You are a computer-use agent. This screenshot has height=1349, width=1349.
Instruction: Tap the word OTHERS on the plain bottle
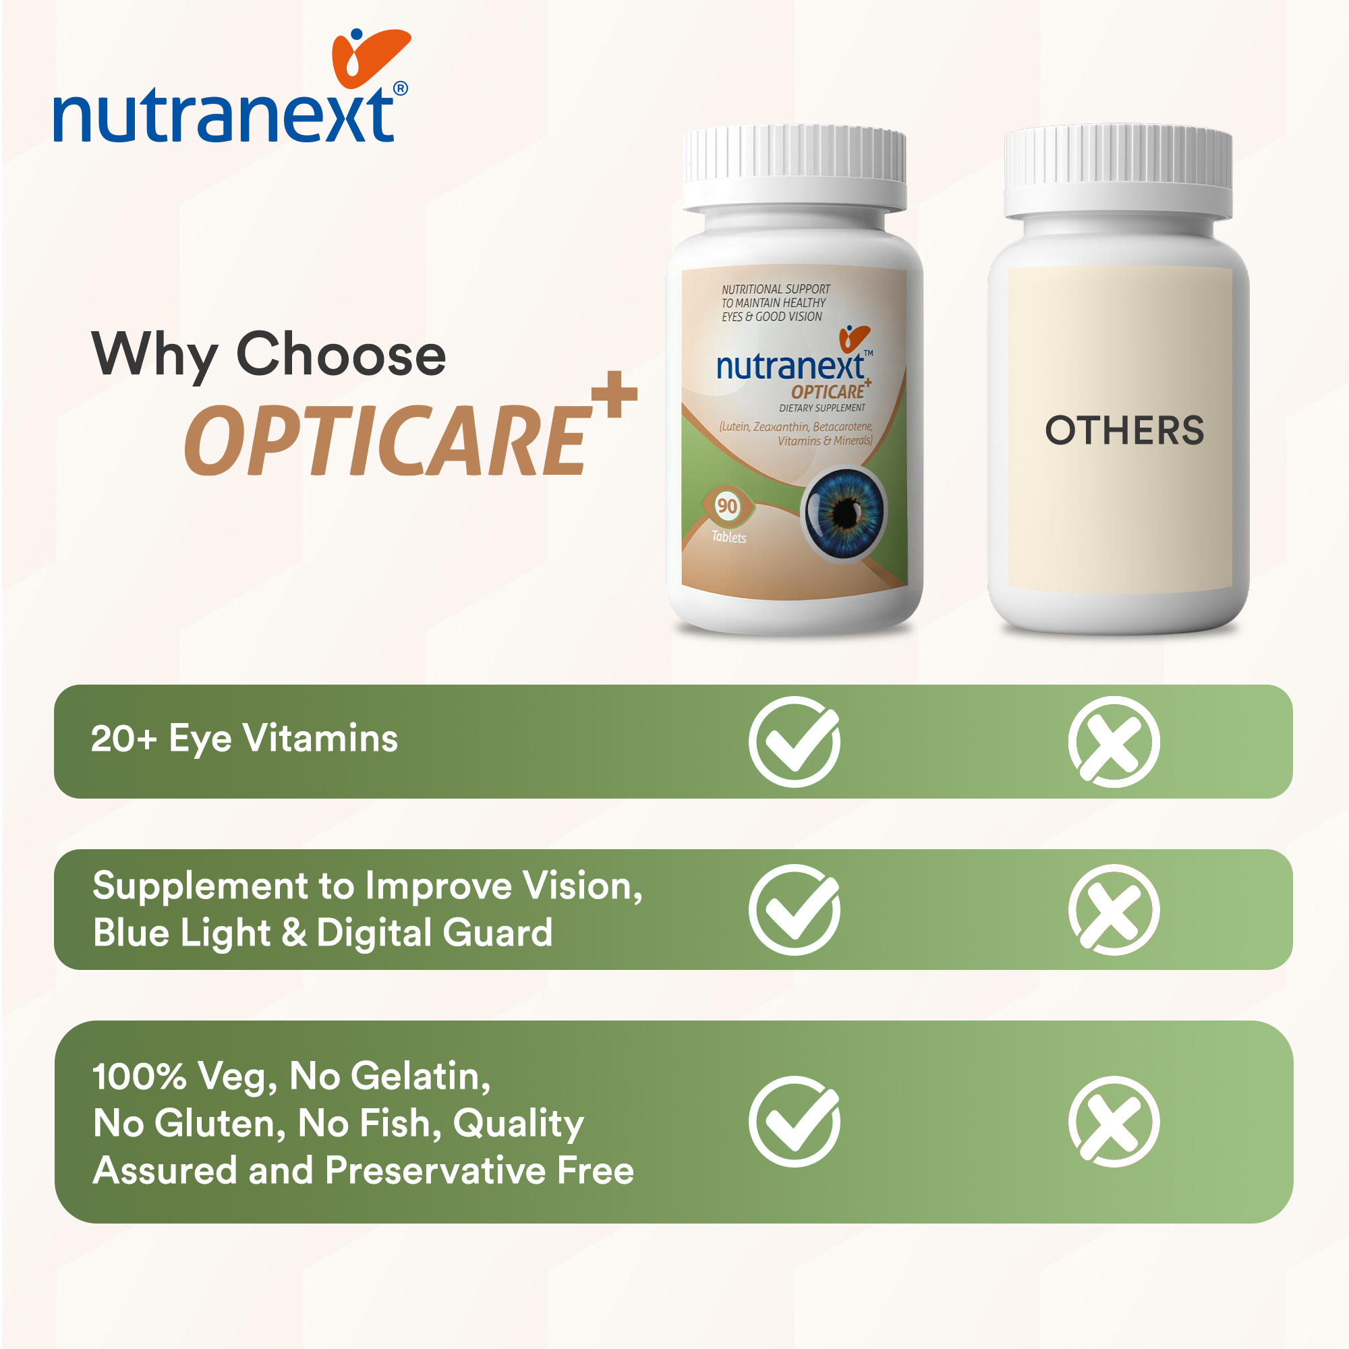(1124, 430)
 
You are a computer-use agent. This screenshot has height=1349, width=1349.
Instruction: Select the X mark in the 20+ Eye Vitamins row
(1114, 741)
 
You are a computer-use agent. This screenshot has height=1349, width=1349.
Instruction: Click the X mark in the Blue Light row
(1114, 910)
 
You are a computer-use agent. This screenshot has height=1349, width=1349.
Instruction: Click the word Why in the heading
(154, 356)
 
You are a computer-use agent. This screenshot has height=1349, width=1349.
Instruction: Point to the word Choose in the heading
(341, 354)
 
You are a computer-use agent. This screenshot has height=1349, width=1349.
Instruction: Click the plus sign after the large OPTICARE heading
(614, 394)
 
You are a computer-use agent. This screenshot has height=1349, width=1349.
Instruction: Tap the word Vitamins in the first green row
(320, 739)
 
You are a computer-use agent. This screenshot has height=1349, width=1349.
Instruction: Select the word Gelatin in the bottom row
(421, 1076)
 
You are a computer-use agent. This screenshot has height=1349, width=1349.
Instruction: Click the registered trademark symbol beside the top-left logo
(401, 88)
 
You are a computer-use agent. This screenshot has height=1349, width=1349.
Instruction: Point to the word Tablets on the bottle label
(729, 537)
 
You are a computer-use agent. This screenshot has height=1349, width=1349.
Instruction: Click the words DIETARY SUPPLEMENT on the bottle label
(822, 408)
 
